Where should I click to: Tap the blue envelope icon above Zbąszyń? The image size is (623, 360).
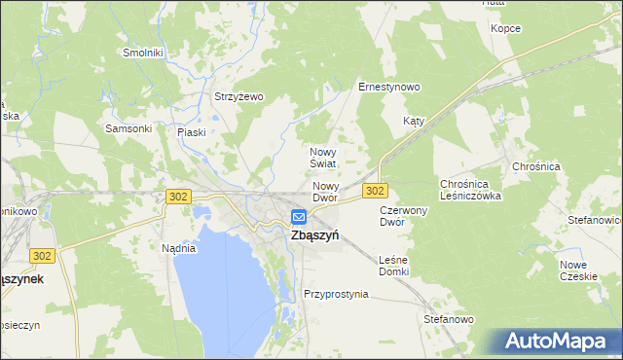[299, 217]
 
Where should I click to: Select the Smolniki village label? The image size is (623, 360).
[142, 53]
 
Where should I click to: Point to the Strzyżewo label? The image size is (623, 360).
[239, 96]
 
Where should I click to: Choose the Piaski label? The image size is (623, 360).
[192, 132]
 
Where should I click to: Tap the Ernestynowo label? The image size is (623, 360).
[388, 87]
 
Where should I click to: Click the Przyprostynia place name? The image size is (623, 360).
[336, 294]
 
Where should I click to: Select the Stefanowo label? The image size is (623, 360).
[448, 319]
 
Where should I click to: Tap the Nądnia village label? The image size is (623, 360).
[179, 248]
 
